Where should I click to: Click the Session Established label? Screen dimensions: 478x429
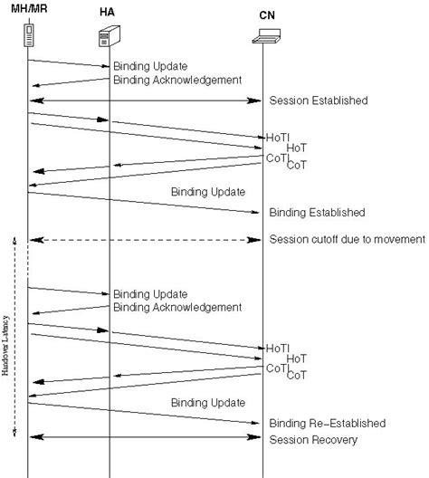click(319, 100)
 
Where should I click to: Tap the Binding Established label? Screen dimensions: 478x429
click(317, 213)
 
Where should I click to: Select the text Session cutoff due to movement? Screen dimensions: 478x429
click(347, 240)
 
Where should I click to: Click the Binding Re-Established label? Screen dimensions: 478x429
click(327, 423)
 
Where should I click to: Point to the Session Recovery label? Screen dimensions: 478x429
click(313, 440)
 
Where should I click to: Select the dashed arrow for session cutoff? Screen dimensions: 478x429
click(145, 240)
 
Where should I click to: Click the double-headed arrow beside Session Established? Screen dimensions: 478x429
click(145, 100)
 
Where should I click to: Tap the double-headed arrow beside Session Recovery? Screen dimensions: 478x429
click(145, 438)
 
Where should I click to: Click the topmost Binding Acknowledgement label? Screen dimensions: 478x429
click(176, 80)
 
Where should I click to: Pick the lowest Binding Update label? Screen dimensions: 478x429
click(207, 402)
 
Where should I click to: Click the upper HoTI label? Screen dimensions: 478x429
click(278, 137)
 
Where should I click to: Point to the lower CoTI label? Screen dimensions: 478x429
click(277, 368)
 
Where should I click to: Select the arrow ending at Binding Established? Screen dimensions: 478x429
click(145, 203)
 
